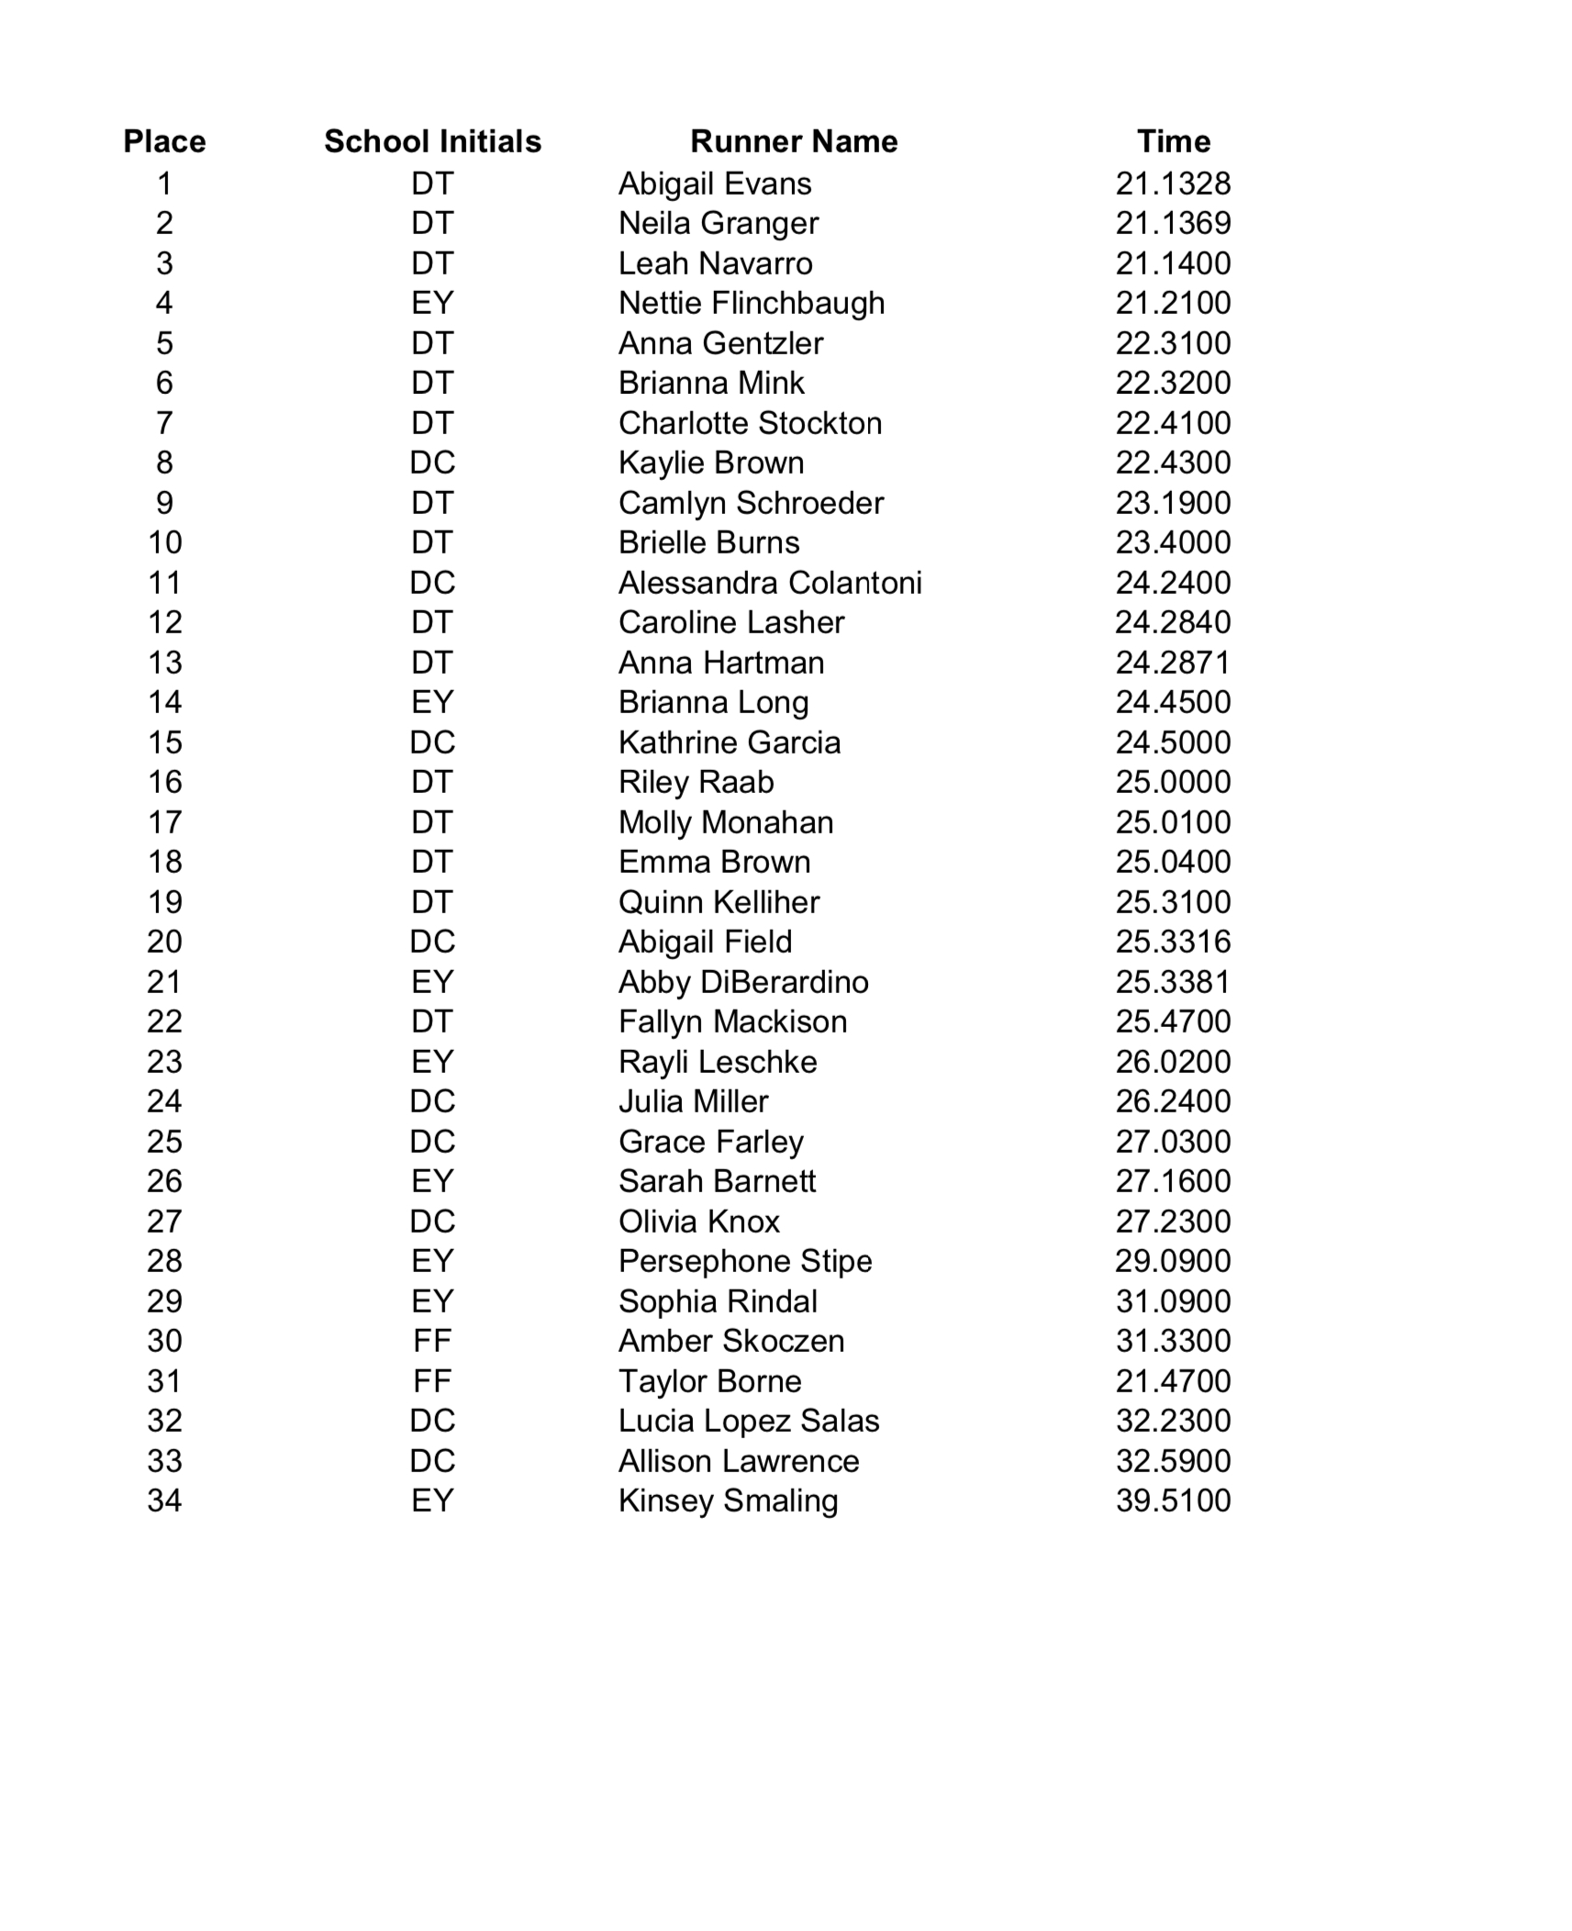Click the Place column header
(x=164, y=141)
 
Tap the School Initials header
(x=432, y=141)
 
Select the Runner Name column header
(x=793, y=141)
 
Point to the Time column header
(x=1173, y=141)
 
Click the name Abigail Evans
(x=714, y=184)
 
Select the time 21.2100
(x=1173, y=303)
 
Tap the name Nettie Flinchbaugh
(x=751, y=303)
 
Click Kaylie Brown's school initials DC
(x=432, y=463)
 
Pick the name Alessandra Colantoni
(x=769, y=583)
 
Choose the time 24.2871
(x=1173, y=663)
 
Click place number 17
(x=164, y=822)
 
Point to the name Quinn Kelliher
(x=719, y=902)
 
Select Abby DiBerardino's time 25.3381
(x=1173, y=982)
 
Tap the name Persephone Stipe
(x=744, y=1261)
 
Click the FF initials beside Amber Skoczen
(x=432, y=1341)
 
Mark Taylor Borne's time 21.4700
(x=1173, y=1381)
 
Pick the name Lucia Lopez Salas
(x=748, y=1421)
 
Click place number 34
(x=164, y=1501)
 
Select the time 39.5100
(x=1173, y=1501)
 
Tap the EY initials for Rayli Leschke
(x=432, y=1062)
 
